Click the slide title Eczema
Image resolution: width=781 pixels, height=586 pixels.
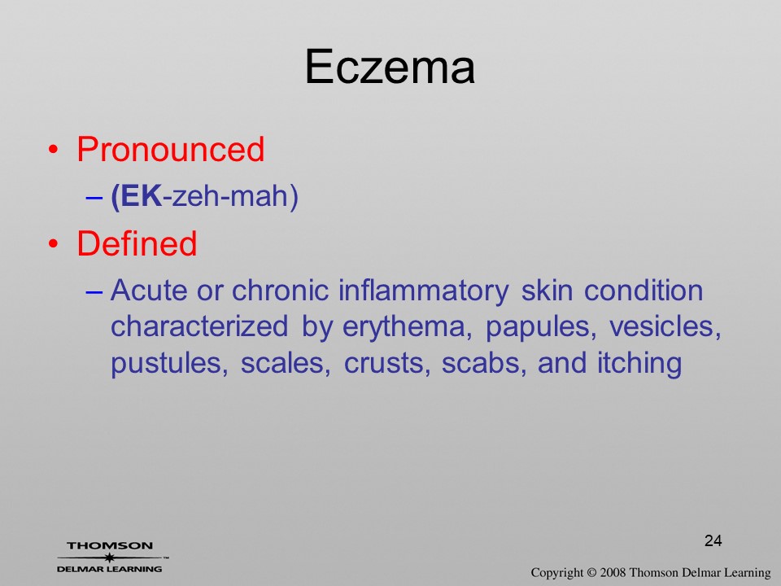click(x=390, y=67)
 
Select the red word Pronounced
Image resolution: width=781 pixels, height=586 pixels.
click(x=170, y=149)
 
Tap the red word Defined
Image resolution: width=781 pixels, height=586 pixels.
click(x=137, y=243)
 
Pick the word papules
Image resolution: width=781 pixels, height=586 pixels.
click(x=541, y=328)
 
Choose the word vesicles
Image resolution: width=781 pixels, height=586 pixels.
click(x=665, y=327)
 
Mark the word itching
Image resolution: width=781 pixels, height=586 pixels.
click(x=639, y=364)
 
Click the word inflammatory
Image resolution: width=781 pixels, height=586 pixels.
click(x=424, y=291)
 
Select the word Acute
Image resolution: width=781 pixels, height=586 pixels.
click(x=149, y=291)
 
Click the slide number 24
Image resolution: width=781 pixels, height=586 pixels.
click(x=713, y=540)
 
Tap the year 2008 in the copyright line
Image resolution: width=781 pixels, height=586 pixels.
click(x=613, y=572)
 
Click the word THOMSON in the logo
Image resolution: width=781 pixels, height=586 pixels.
click(x=110, y=545)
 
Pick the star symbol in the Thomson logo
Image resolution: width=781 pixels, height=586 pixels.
click(x=109, y=558)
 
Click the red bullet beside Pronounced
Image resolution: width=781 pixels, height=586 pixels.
click(x=54, y=150)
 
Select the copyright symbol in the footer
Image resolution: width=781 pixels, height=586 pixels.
click(x=591, y=572)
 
